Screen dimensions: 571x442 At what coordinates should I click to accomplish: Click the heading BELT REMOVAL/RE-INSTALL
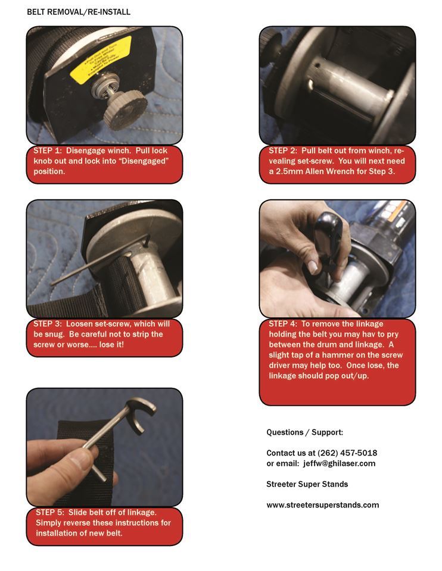click(79, 12)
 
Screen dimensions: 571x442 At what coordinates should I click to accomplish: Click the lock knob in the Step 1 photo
click(125, 109)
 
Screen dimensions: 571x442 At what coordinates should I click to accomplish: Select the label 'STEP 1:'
click(48, 151)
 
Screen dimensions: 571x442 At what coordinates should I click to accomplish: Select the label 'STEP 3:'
click(48, 324)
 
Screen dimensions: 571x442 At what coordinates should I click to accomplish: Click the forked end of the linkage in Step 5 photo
click(140, 416)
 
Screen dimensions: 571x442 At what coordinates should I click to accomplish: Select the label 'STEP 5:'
click(50, 512)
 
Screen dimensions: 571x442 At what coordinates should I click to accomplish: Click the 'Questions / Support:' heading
click(304, 432)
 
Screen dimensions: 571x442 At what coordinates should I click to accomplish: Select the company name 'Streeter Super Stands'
click(307, 484)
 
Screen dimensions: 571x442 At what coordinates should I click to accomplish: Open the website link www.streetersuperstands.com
click(322, 505)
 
